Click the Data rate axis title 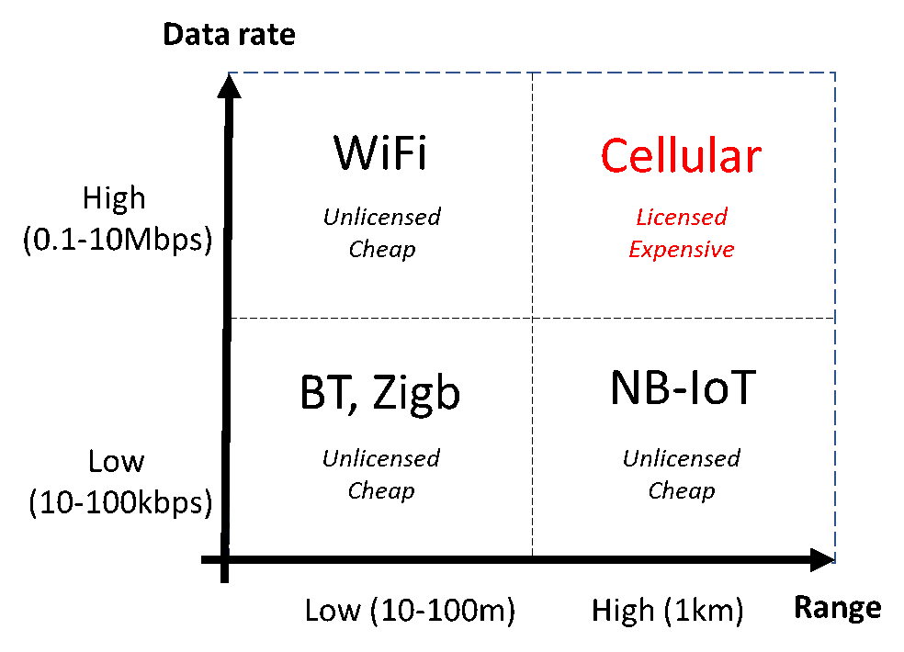click(x=229, y=34)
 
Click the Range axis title click(x=838, y=608)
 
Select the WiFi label click(x=380, y=153)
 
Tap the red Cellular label click(x=681, y=155)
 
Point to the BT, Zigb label click(x=380, y=393)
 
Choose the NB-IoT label click(x=683, y=388)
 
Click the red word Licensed click(x=682, y=217)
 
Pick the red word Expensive click(x=682, y=250)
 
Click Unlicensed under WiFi click(x=381, y=217)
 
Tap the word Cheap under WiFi click(x=381, y=250)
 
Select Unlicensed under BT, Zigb click(x=381, y=458)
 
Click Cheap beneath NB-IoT click(x=682, y=491)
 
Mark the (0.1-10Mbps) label click(x=118, y=240)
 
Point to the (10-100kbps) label click(x=120, y=502)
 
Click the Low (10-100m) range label click(x=410, y=610)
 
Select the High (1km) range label click(x=668, y=610)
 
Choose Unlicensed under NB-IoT click(x=682, y=458)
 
